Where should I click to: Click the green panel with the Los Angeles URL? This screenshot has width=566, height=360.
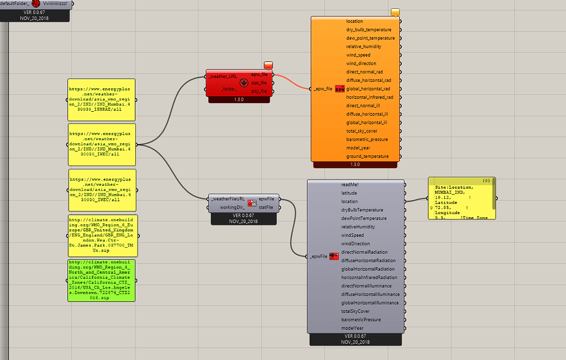click(102, 280)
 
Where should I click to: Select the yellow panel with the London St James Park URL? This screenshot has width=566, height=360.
click(102, 236)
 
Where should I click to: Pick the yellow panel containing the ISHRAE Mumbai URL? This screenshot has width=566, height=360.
click(102, 100)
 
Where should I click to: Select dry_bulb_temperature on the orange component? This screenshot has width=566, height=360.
click(369, 30)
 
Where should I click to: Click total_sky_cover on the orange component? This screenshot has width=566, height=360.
click(361, 131)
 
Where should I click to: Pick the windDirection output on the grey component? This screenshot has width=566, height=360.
click(357, 243)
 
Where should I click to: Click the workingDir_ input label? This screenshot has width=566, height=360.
click(232, 207)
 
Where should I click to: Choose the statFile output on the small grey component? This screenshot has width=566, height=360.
click(266, 207)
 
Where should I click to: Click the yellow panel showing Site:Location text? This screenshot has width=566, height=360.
click(462, 199)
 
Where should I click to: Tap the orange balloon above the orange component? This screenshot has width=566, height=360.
click(395, 12)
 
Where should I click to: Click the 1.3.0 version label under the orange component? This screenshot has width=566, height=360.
click(355, 164)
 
